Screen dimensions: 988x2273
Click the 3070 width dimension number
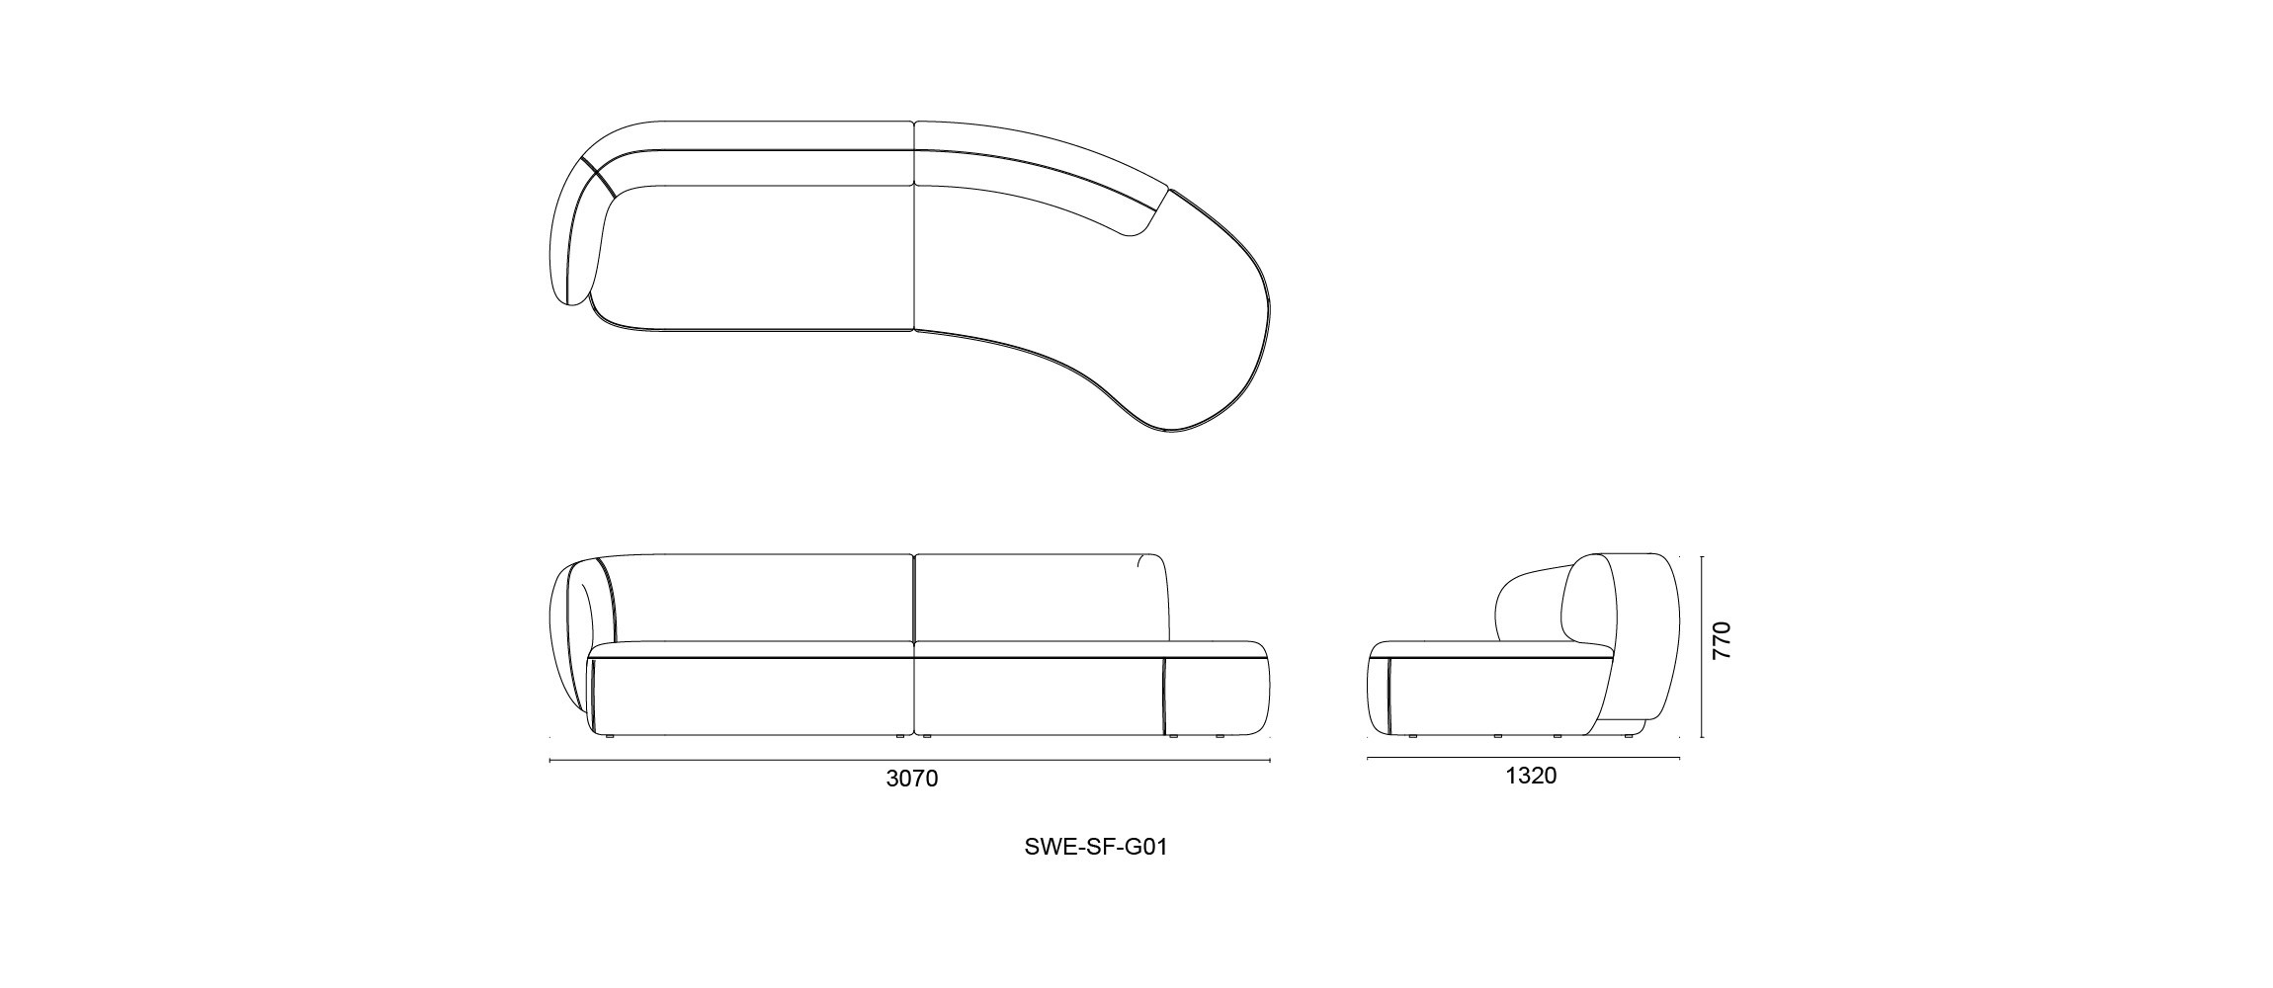click(911, 779)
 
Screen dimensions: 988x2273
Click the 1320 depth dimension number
click(1531, 777)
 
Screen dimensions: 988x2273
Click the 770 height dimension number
click(1721, 641)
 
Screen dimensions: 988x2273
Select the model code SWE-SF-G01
click(1096, 848)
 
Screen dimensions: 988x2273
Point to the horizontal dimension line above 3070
click(909, 760)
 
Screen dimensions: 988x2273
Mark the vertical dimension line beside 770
click(1702, 647)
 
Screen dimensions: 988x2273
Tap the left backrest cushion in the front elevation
click(761, 598)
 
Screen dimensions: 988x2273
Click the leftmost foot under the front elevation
click(610, 736)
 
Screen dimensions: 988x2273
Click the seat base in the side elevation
click(1482, 697)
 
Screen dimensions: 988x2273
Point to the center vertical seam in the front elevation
click(914, 642)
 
